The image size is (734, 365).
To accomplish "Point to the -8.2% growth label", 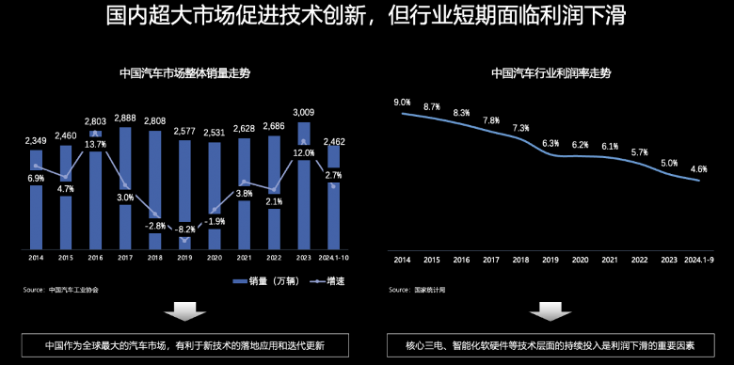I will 184,229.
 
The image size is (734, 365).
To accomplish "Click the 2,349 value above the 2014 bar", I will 36,141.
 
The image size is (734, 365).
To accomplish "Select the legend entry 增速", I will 327,281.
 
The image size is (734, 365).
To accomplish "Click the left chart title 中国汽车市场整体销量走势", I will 184,72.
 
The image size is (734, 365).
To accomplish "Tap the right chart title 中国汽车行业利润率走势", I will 550,72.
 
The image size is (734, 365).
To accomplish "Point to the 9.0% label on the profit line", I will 402,102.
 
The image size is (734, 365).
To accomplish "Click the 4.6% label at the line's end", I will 698,169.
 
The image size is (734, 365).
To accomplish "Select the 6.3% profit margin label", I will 550,143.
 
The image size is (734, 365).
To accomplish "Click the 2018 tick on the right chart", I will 520,259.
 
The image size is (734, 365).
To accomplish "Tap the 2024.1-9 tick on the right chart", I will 697,259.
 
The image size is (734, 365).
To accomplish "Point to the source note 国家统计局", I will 430,290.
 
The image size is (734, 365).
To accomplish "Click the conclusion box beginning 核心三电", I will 550,345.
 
